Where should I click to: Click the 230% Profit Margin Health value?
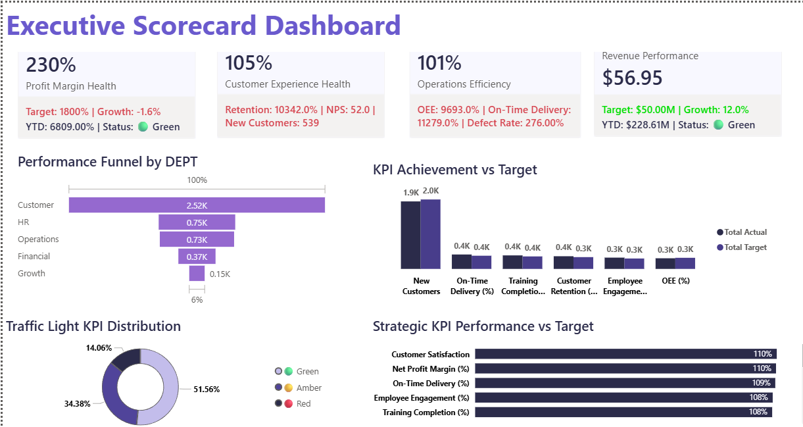pos(51,65)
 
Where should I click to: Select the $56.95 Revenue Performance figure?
pos(632,78)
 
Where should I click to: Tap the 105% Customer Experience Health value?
pos(249,63)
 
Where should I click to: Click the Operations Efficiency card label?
pos(464,84)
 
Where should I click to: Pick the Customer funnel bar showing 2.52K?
pos(197,205)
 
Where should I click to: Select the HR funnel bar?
pos(197,222)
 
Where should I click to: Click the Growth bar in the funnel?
pos(197,274)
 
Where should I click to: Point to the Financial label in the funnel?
pos(34,257)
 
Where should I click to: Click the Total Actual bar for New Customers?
pos(410,235)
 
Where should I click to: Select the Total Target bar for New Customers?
pos(430,234)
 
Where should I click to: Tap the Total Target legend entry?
pos(745,247)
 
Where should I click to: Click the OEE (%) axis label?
pos(675,281)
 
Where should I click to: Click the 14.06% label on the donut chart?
pos(99,347)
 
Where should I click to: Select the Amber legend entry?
pos(308,388)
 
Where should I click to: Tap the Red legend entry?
pos(303,404)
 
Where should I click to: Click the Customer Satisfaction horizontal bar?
pos(625,354)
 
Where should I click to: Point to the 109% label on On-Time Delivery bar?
pos(762,383)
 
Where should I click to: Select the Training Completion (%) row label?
pos(426,413)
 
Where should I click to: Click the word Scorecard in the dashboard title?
pos(194,26)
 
